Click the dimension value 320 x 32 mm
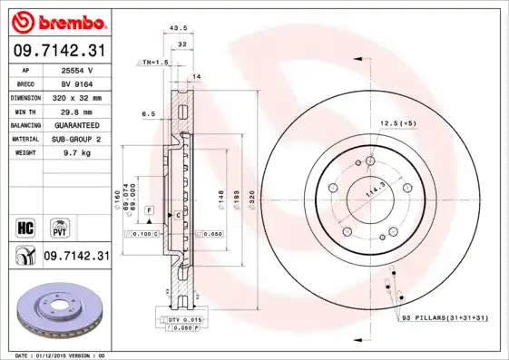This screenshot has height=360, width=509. pos(75,97)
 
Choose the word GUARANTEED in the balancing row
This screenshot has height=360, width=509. pos(75,124)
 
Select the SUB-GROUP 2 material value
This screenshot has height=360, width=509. pos(75,139)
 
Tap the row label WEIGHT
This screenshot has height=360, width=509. pos(24,152)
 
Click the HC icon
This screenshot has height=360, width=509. pos(24,226)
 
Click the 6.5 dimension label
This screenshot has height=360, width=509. pos(148,115)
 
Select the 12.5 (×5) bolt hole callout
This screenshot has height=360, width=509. pos(396,122)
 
